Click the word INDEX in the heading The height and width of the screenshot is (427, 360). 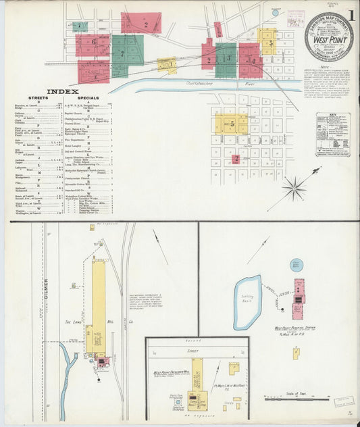pyautogui.click(x=63, y=91)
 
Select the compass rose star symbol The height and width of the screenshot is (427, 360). pyautogui.click(x=294, y=189)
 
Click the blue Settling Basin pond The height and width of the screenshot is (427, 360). pyautogui.click(x=247, y=301)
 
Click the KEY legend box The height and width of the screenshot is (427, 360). pyautogui.click(x=333, y=134)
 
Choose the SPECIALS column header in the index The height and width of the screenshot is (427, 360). pyautogui.click(x=88, y=98)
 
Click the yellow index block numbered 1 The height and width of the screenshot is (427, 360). pyautogui.click(x=168, y=66)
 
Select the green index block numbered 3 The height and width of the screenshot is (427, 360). pyautogui.click(x=226, y=59)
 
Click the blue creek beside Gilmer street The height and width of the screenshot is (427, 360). pyautogui.click(x=67, y=365)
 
